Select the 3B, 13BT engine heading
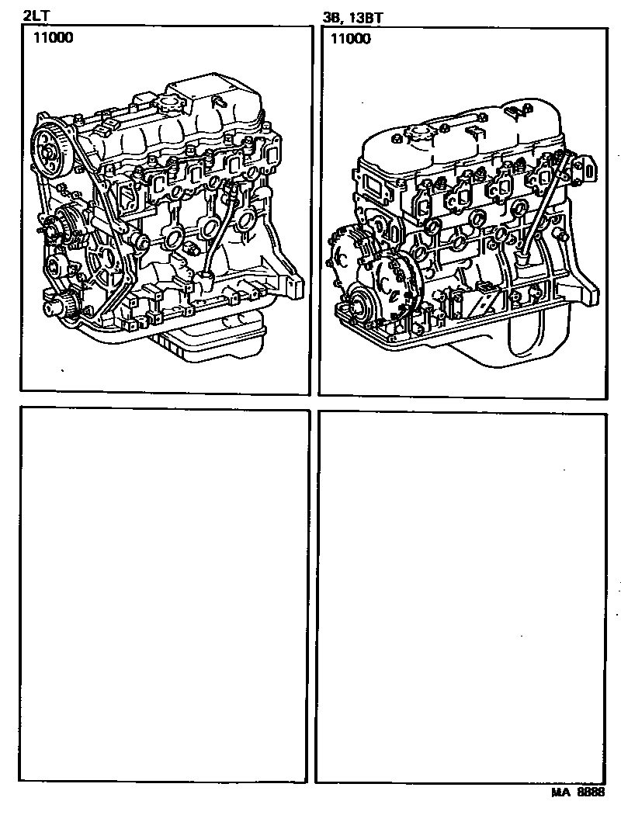tap(353, 18)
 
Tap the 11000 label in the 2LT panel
tap(54, 37)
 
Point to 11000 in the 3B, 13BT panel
tap(351, 39)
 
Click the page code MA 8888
tap(578, 792)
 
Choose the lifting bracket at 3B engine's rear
tap(583, 168)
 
